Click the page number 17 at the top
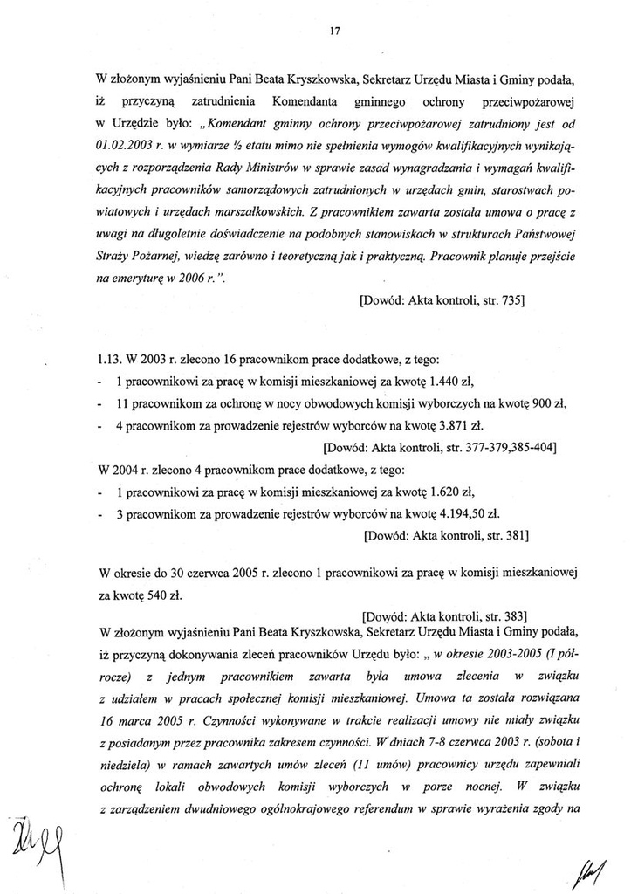333,31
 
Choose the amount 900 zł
548,403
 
